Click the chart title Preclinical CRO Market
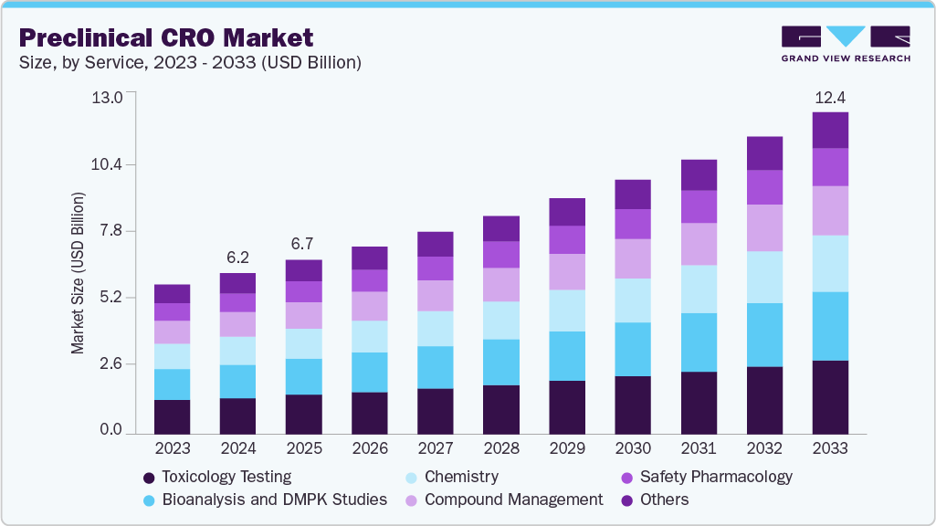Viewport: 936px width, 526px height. [165, 37]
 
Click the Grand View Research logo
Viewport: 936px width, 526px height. [846, 43]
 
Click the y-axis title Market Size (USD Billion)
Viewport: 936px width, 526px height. [79, 273]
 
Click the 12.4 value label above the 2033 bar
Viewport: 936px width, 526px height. [830, 97]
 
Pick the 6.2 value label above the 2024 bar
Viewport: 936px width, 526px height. [238, 258]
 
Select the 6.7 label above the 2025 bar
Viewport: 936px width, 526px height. [304, 245]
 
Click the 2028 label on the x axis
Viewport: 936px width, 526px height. [501, 448]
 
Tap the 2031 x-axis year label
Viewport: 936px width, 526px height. [699, 448]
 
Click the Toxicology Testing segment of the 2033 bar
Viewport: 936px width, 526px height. [830, 396]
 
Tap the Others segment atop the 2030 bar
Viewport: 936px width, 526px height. [633, 195]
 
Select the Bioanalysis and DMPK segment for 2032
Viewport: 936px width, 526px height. [764, 334]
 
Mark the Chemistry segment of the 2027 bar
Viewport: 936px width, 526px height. [436, 329]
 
